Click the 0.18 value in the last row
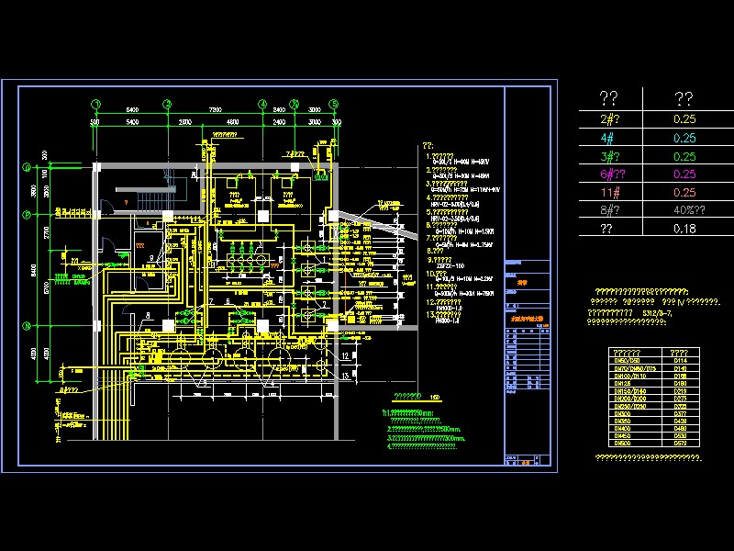click(x=684, y=229)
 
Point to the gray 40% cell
click(x=684, y=210)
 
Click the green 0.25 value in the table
click(x=684, y=156)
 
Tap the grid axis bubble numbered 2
click(x=167, y=104)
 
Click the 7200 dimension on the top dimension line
click(x=216, y=110)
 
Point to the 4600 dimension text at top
click(x=232, y=121)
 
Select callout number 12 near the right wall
click(x=344, y=355)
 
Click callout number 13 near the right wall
click(x=344, y=375)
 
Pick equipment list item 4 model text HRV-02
click(x=453, y=205)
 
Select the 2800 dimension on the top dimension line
click(x=184, y=121)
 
